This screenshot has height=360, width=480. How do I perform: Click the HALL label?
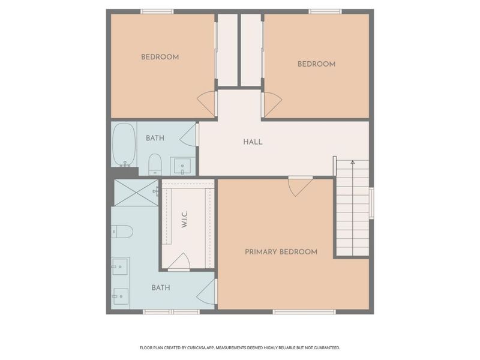pyautogui.click(x=253, y=142)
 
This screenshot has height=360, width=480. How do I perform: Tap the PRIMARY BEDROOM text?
pyautogui.click(x=281, y=252)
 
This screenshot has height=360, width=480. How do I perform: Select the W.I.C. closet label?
pyautogui.click(x=184, y=219)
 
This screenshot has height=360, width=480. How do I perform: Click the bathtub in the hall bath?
pyautogui.click(x=124, y=145)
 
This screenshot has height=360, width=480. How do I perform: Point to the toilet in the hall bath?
pyautogui.click(x=155, y=164)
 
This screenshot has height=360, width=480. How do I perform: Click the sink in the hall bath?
pyautogui.click(x=182, y=166)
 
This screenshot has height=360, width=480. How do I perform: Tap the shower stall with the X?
pyautogui.click(x=136, y=193)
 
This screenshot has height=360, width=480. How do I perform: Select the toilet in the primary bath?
pyautogui.click(x=122, y=232)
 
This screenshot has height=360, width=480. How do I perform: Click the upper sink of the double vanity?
pyautogui.click(x=120, y=266)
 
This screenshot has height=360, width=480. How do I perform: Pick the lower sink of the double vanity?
pyautogui.click(x=121, y=296)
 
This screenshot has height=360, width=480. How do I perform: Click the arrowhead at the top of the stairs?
pyautogui.click(x=353, y=162)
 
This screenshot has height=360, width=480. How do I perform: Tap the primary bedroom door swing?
pyautogui.click(x=301, y=186)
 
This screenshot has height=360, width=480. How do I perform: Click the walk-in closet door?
pyautogui.click(x=179, y=262)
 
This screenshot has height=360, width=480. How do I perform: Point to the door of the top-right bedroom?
pyautogui.click(x=272, y=104)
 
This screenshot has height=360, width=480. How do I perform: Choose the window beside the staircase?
pyautogui.click(x=371, y=203)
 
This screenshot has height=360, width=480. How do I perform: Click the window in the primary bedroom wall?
pyautogui.click(x=304, y=312)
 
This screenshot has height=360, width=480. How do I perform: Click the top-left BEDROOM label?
pyautogui.click(x=160, y=57)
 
